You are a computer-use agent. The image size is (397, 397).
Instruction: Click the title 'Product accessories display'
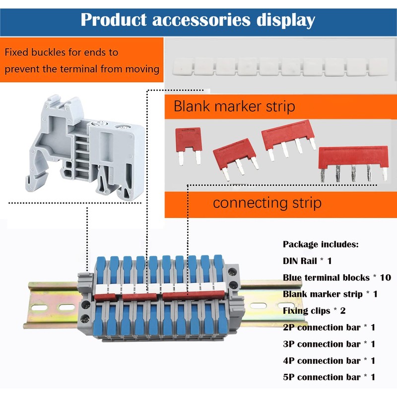(198, 20)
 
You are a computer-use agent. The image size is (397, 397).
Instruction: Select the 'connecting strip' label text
(267, 202)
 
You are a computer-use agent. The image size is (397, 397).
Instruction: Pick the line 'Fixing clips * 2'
(314, 311)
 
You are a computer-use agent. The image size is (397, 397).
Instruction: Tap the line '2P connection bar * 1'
(329, 328)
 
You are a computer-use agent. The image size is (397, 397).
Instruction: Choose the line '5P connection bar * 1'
(329, 377)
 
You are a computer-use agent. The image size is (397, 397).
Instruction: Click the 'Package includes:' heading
(321, 244)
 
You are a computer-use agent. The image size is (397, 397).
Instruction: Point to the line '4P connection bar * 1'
(329, 361)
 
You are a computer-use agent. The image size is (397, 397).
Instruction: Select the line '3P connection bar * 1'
(329, 344)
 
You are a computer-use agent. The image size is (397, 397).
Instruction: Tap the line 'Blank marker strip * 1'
(330, 294)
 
